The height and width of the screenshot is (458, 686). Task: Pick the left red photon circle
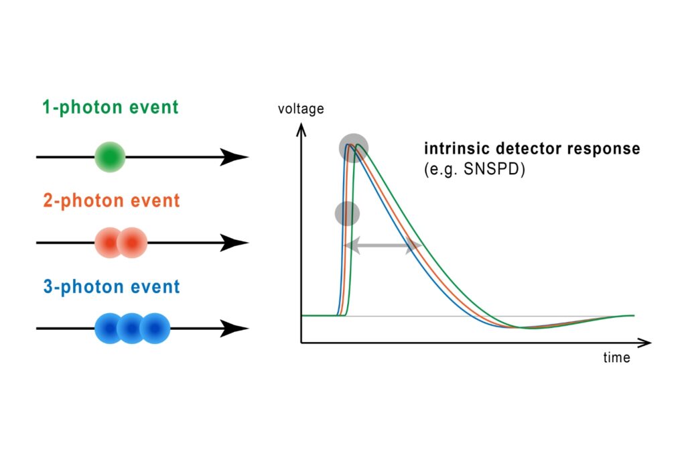pyautogui.click(x=110, y=243)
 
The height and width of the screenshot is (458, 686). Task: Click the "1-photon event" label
pyautogui.click(x=111, y=107)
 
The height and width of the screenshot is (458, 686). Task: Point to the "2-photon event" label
pyautogui.click(x=111, y=201)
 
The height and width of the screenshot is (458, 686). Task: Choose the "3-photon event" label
pyautogui.click(x=111, y=287)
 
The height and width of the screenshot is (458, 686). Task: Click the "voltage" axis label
pyautogui.click(x=301, y=109)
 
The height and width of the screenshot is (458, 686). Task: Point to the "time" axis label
pyautogui.click(x=616, y=358)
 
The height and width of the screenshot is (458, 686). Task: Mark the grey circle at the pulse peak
pyautogui.click(x=352, y=148)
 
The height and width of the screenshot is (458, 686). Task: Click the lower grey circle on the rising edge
pyautogui.click(x=347, y=214)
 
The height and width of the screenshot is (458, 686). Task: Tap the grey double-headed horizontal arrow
pyautogui.click(x=383, y=247)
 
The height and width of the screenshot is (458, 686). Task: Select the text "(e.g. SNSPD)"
pyautogui.click(x=474, y=170)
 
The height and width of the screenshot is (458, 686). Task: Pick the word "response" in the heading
pyautogui.click(x=605, y=149)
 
